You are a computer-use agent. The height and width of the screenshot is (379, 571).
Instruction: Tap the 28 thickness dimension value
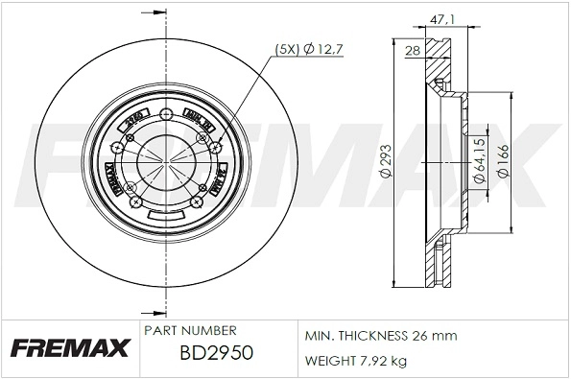click(413, 50)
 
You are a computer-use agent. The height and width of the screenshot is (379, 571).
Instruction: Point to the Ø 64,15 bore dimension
click(478, 160)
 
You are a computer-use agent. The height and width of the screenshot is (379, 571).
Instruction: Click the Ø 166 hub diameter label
click(503, 160)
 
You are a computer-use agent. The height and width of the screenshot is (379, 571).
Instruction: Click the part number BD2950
click(216, 353)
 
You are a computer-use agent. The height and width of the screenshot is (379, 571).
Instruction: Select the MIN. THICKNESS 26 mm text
click(381, 336)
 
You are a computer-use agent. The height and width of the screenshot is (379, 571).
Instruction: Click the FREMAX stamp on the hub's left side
click(108, 178)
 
